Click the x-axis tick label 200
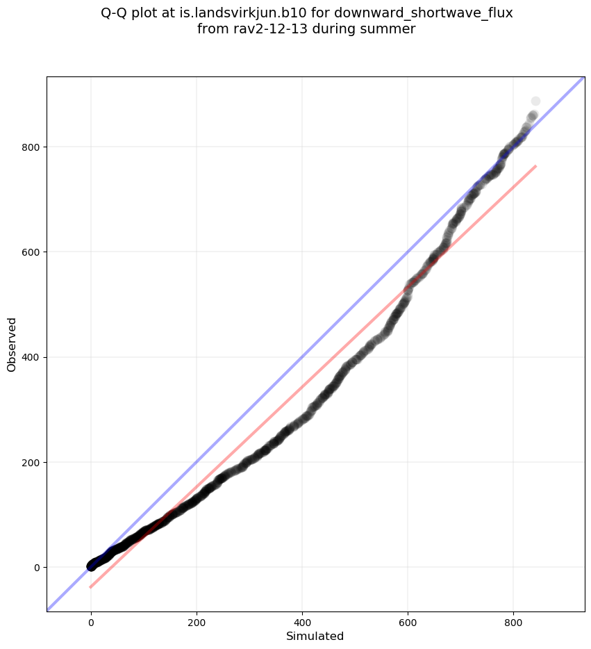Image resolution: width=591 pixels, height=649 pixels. [x=197, y=621]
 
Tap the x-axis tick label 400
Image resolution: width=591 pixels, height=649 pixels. [x=302, y=621]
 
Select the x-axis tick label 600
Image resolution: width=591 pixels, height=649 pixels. [x=408, y=621]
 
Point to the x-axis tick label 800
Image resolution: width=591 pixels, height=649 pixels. [x=513, y=621]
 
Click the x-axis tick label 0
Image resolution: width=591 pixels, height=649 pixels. [x=91, y=621]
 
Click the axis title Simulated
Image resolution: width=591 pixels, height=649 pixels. [x=315, y=636]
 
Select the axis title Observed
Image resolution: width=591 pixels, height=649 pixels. [x=12, y=344]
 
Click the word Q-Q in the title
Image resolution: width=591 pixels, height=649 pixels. [x=115, y=13]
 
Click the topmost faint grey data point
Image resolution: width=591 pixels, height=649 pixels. [x=535, y=101]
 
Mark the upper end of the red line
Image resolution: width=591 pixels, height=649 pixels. [x=535, y=166]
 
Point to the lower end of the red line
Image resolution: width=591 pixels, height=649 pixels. [x=90, y=587]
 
